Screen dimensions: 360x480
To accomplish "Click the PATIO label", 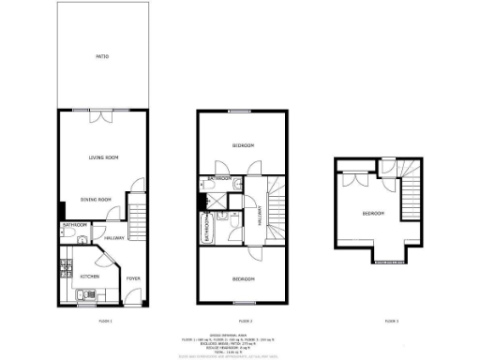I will tap(102, 58).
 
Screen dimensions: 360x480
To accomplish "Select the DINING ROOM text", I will tap(96, 200).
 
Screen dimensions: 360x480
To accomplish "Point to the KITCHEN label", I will tap(89, 277).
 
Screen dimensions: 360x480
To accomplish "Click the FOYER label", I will tap(133, 277).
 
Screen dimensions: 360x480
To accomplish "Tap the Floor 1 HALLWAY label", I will tap(114, 237).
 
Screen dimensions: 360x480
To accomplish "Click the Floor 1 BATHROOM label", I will tap(75, 226).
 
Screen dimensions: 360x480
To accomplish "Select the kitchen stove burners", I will tap(65, 266).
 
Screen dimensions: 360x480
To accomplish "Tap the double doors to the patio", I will tap(102, 117).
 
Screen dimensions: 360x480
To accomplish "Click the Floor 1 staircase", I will tap(138, 218).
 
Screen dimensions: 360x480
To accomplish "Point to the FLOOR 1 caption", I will tap(105, 322).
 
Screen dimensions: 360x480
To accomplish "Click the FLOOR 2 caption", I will tap(242, 322).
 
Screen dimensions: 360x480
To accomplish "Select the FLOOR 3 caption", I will tap(391, 322).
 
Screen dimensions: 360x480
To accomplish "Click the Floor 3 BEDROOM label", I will tap(373, 215).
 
